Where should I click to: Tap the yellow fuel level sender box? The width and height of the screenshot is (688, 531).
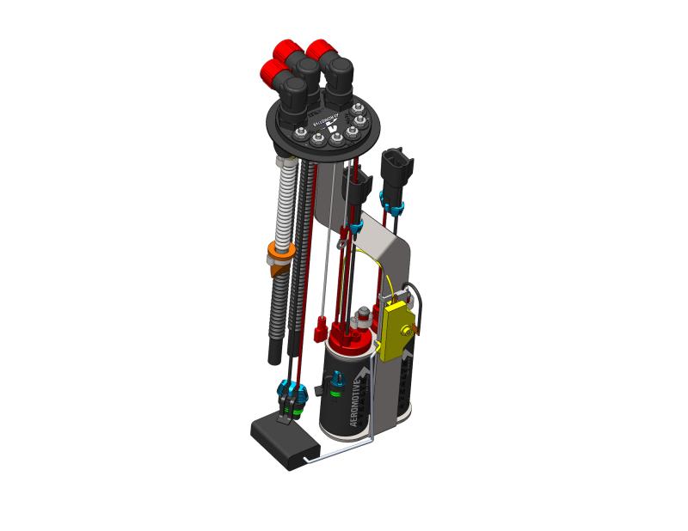[398, 331]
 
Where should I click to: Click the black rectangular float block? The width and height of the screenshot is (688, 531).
[285, 442]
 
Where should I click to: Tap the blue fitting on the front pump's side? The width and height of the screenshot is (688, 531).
[338, 380]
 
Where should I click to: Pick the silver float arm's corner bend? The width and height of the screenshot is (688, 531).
[372, 440]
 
